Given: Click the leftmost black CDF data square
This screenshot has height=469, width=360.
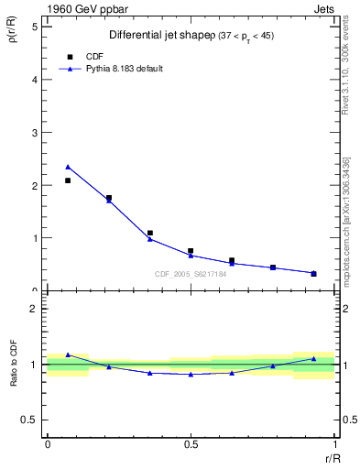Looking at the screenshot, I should (68, 180).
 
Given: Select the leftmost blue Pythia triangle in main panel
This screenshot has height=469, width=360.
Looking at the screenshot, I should (68, 167).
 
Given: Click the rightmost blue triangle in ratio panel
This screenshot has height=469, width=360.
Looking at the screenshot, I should (313, 358).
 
